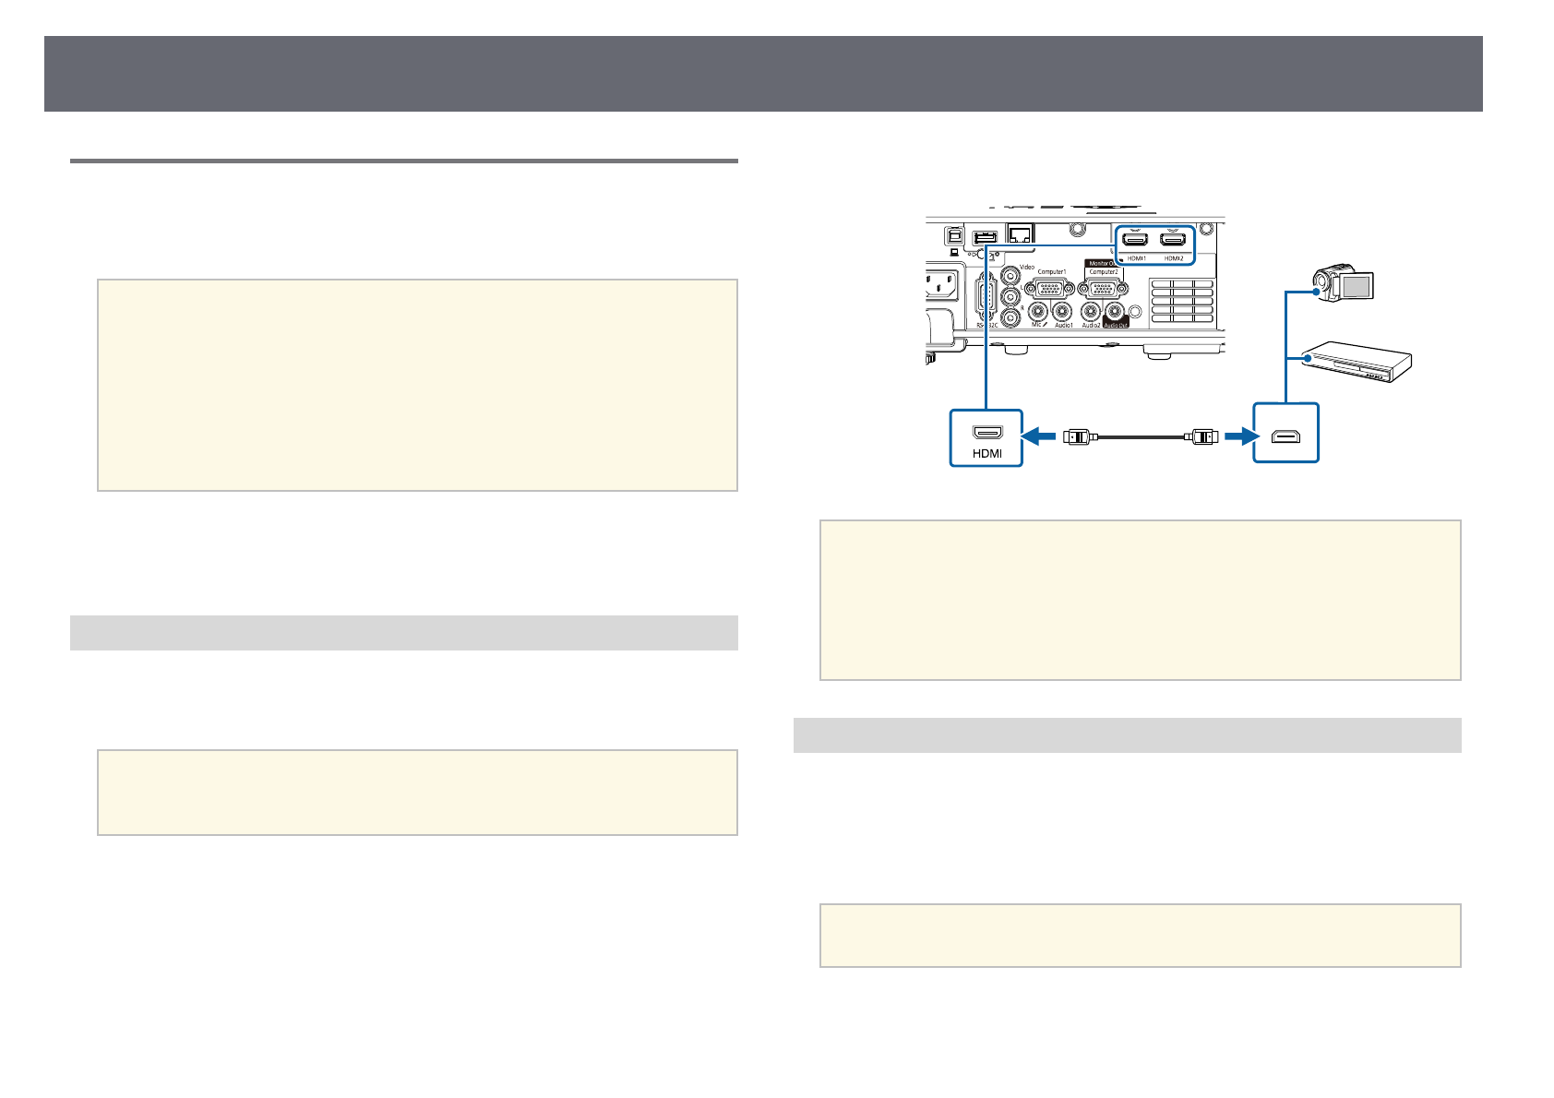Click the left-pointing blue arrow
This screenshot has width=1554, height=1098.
coord(1040,436)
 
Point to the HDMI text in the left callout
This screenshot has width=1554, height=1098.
coord(986,453)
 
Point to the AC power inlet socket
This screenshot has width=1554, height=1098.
coord(946,288)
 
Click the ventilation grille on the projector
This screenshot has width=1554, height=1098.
coord(1180,300)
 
